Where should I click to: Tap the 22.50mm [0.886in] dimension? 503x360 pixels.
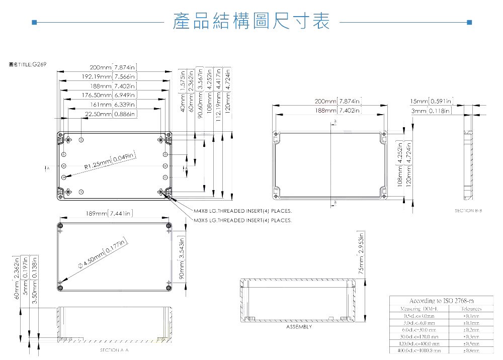pyautogui.click(x=110, y=115)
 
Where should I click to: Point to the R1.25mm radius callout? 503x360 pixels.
pyautogui.click(x=109, y=162)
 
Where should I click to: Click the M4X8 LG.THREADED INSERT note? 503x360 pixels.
pyautogui.click(x=242, y=211)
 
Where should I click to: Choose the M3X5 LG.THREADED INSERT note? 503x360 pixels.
pyautogui.click(x=242, y=220)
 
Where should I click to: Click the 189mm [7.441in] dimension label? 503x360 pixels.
pyautogui.click(x=109, y=214)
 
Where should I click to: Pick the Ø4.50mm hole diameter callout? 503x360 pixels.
pyautogui.click(x=103, y=256)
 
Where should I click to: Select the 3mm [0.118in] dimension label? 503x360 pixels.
pyautogui.click(x=431, y=111)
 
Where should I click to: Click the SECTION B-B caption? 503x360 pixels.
pyautogui.click(x=468, y=211)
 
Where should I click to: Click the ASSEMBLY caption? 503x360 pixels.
pyautogui.click(x=299, y=327)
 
